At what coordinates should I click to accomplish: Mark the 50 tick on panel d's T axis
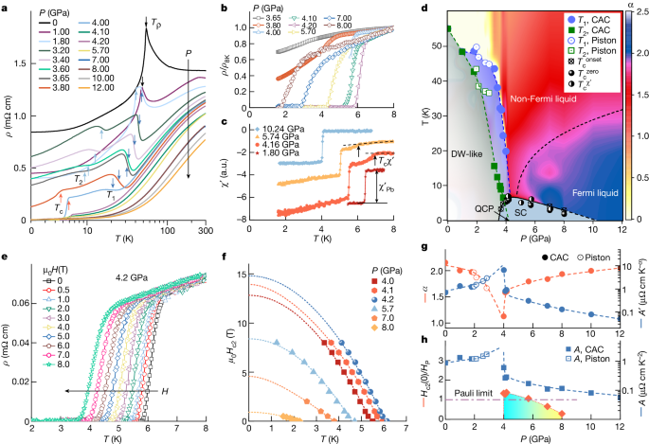pos(437,45)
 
